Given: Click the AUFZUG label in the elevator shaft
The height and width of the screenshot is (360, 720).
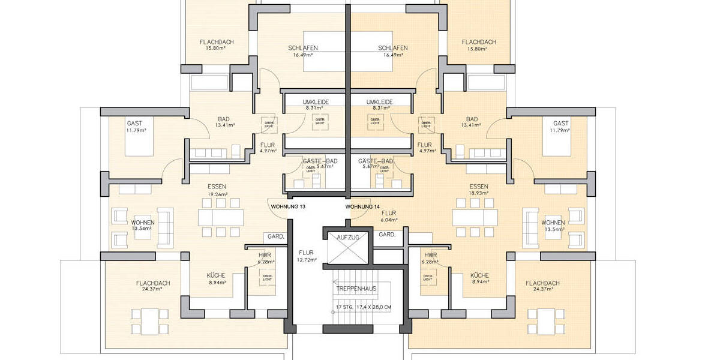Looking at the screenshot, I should [348, 238].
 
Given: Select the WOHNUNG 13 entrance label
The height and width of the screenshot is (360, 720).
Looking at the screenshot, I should [289, 207].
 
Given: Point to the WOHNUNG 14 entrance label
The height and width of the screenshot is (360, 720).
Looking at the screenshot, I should [362, 207].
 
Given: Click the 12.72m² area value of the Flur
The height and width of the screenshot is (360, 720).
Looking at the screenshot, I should [307, 260].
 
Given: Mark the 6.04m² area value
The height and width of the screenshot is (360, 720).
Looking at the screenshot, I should [389, 220].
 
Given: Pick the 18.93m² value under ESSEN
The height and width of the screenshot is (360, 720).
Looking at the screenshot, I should [479, 194].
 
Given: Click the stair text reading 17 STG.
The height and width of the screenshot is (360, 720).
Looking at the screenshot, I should [344, 308].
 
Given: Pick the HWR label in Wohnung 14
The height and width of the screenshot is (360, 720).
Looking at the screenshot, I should [429, 255].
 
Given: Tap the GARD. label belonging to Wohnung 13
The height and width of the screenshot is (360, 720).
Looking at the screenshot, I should [276, 236].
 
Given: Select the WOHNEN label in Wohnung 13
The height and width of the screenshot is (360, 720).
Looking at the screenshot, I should [143, 223].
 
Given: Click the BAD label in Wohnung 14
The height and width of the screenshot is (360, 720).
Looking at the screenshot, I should [472, 118].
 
